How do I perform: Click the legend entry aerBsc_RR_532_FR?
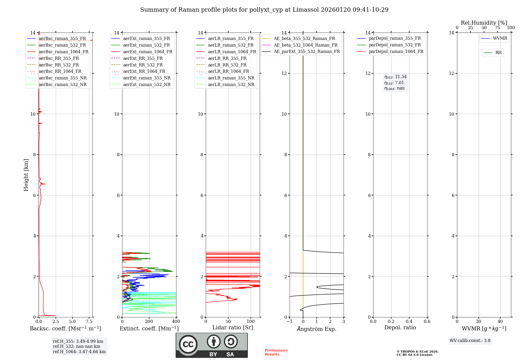[x=59, y=65]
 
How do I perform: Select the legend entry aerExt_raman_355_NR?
[x=147, y=78]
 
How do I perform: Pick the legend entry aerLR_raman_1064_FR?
[x=232, y=52]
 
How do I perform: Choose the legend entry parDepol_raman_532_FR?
[x=395, y=45]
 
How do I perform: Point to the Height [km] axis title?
[x=26, y=175]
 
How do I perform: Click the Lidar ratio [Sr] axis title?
[x=233, y=327]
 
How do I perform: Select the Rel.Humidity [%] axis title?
[x=484, y=23]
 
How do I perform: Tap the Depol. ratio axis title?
[x=400, y=327]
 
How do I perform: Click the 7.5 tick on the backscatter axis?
[x=89, y=322]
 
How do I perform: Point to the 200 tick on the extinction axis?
[x=149, y=322]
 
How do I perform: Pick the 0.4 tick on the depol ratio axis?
[x=409, y=322]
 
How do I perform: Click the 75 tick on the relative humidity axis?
[x=497, y=28]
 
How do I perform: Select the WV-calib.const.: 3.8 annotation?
[x=470, y=341]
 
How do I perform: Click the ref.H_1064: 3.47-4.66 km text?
[x=79, y=352]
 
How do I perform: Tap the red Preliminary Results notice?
[x=276, y=352]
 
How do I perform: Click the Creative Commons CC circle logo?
[x=188, y=344]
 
